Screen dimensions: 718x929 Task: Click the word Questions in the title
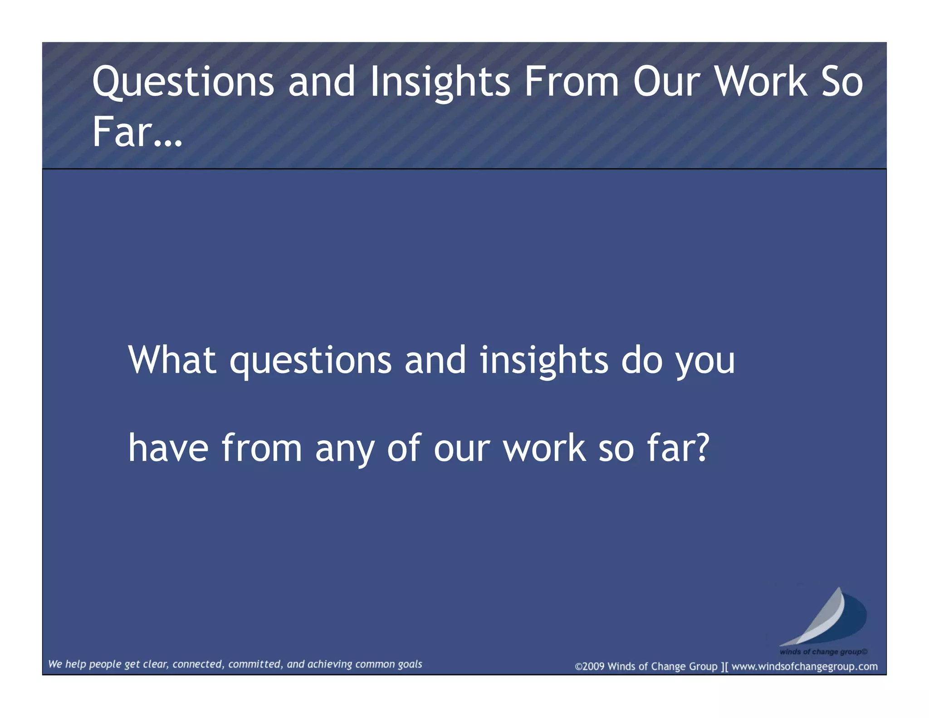[x=183, y=82]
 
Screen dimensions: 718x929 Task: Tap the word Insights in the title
[x=440, y=82]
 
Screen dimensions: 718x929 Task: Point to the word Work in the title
[x=761, y=82]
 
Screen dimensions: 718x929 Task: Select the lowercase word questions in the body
[x=310, y=361]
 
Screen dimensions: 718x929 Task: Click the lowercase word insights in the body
[x=543, y=361]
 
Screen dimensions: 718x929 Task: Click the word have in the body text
[x=168, y=448]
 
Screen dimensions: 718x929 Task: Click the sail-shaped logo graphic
[x=823, y=617]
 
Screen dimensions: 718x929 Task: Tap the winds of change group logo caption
[x=823, y=652]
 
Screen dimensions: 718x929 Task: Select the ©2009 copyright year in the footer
[x=590, y=666]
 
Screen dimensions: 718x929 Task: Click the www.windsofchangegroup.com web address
[x=804, y=666]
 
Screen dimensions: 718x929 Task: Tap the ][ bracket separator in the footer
[x=724, y=666]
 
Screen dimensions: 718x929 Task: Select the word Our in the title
[x=660, y=82]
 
